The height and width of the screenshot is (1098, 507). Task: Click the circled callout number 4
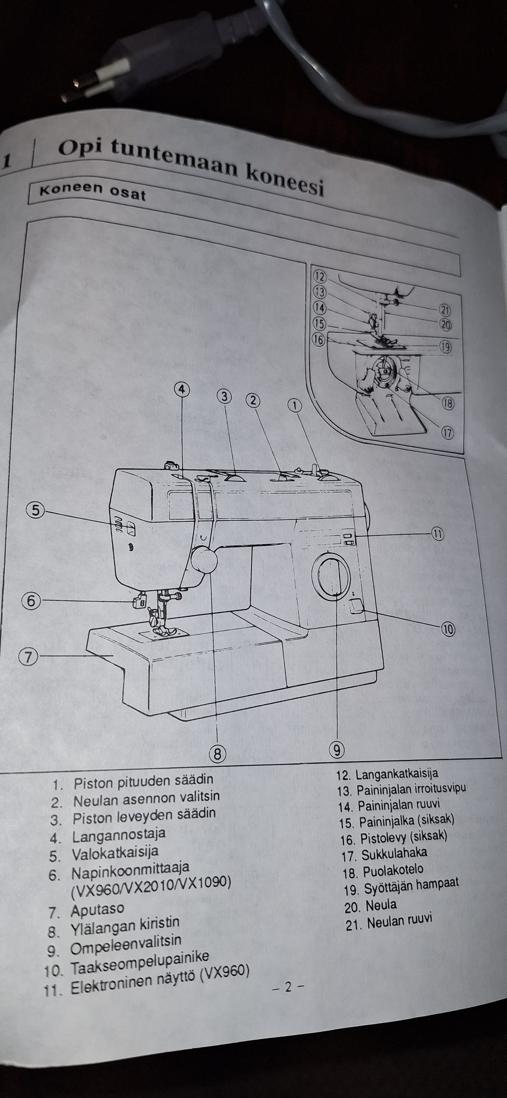pos(181,389)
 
